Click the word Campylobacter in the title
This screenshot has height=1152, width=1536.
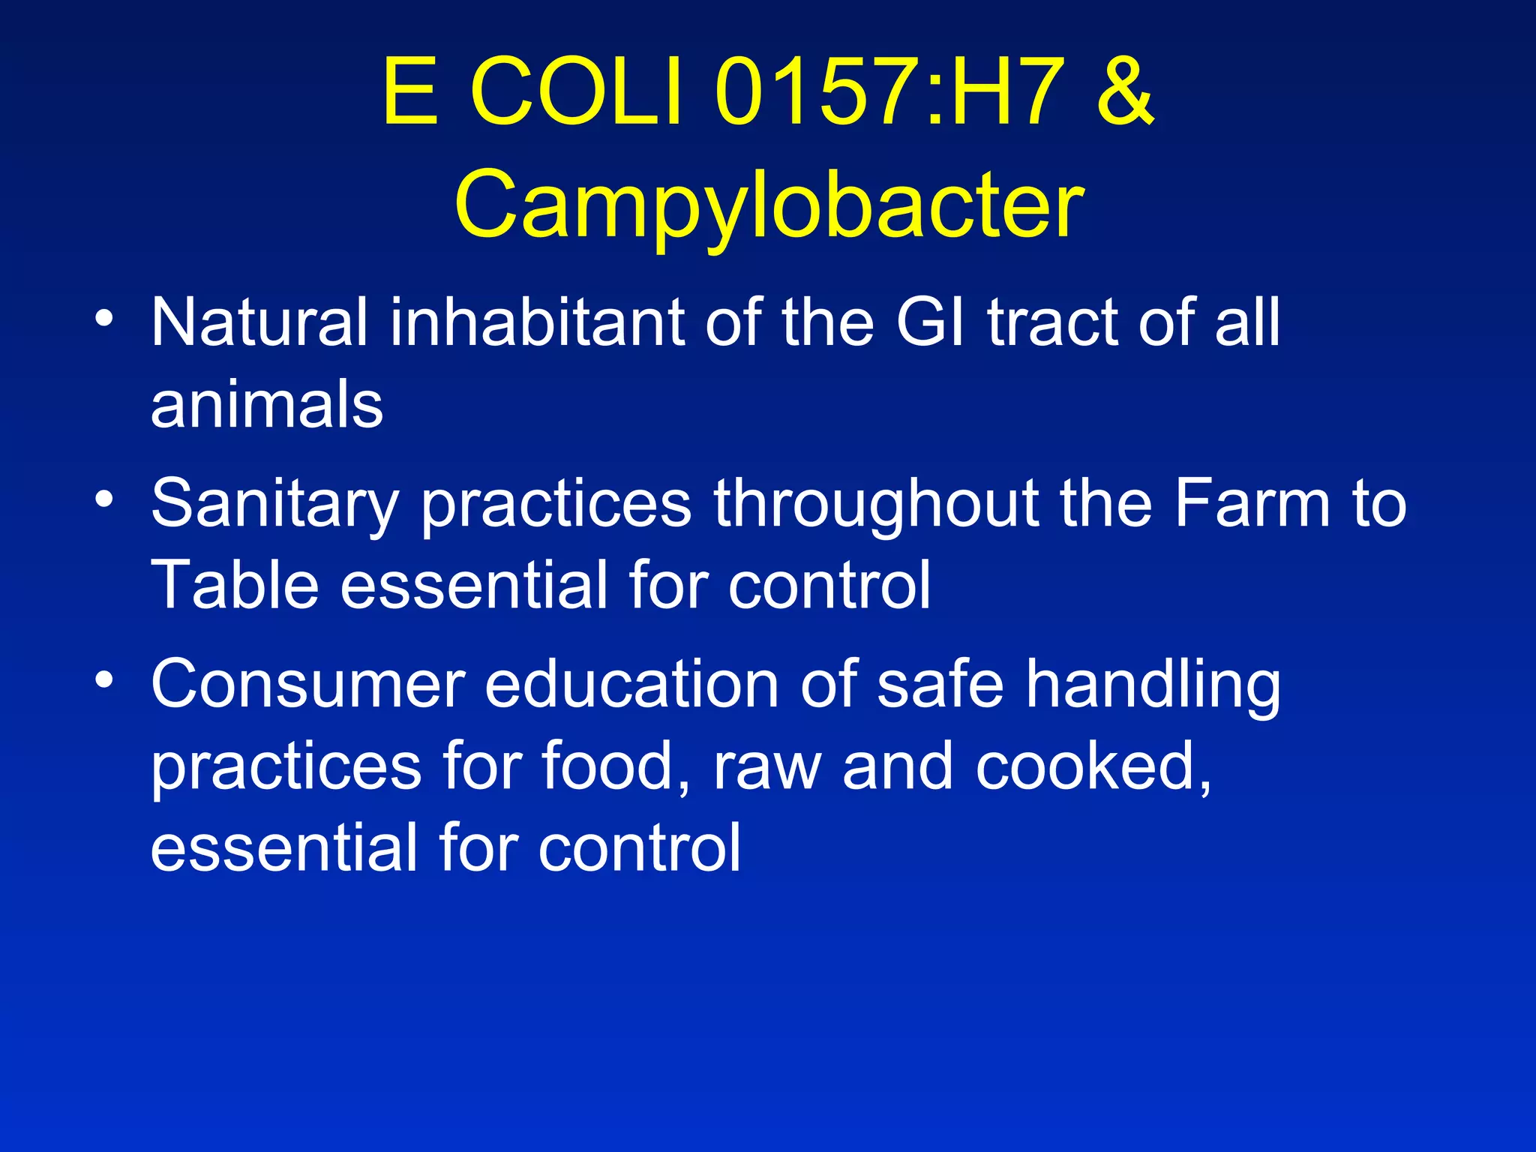tap(769, 204)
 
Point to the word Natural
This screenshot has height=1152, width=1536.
tap(259, 322)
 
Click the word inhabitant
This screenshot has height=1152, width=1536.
tap(536, 322)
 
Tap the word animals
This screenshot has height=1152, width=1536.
tap(266, 404)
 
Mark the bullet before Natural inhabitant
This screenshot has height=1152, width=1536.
tap(105, 318)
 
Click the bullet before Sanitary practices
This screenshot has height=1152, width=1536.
tap(105, 499)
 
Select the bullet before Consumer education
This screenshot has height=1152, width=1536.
tap(105, 679)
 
